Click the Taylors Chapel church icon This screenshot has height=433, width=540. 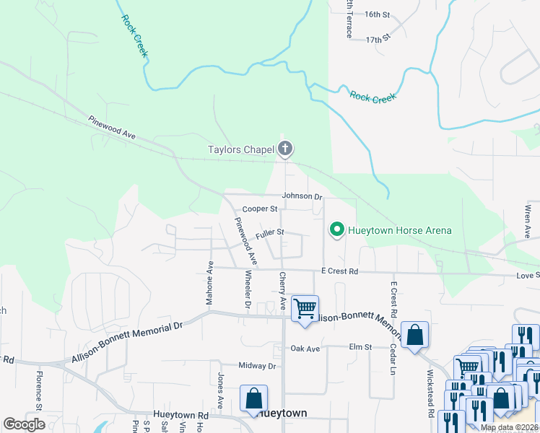pos(285,149)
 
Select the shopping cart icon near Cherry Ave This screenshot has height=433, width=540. pos(305,309)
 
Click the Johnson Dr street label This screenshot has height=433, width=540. pos(301,196)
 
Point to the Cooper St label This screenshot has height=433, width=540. pos(260,209)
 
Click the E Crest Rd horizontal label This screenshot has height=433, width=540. pos(339,271)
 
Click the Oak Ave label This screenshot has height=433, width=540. pos(305,349)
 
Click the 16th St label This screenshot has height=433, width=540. pos(377,14)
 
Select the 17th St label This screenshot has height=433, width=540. pos(378,38)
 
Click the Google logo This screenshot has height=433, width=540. pos(25,424)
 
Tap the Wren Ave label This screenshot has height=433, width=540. pos(528,222)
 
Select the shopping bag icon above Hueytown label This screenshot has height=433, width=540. pos(254,398)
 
